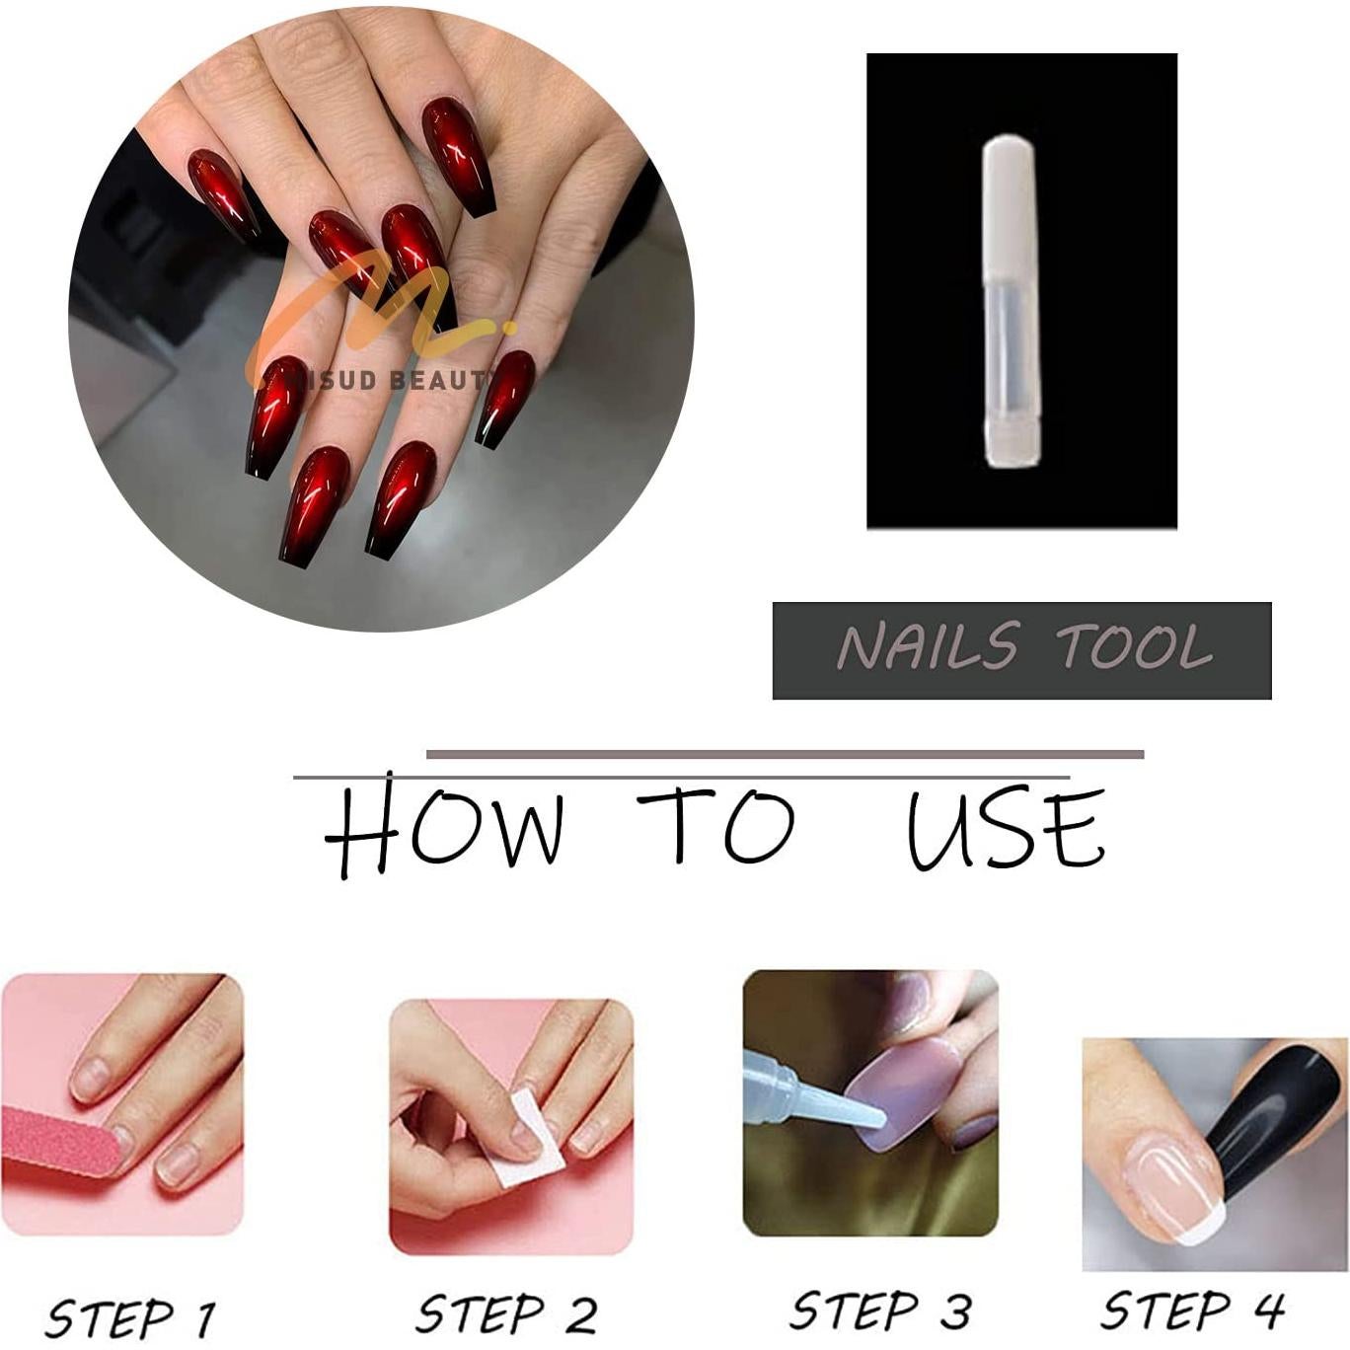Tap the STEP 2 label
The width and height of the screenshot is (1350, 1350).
[506, 1313]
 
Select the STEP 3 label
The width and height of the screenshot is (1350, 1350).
[880, 1311]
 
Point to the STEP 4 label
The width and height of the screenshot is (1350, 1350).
[1192, 1311]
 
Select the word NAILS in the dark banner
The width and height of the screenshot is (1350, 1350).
[927, 648]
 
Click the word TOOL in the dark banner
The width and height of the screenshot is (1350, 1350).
[1134, 648]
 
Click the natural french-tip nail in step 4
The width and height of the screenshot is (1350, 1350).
[1170, 1179]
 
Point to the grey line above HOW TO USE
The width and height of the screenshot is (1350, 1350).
[785, 755]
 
